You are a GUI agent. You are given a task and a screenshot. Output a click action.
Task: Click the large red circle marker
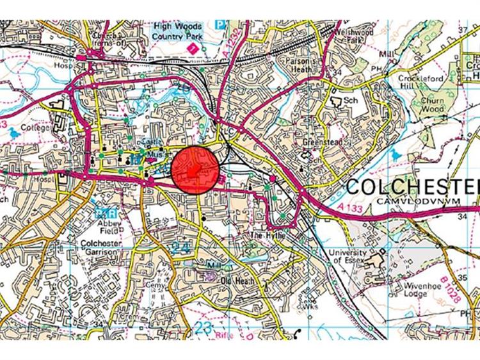(x=195, y=169)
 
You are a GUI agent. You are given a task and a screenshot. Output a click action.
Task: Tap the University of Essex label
(x=348, y=257)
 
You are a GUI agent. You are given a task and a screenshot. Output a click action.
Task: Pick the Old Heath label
(x=237, y=281)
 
